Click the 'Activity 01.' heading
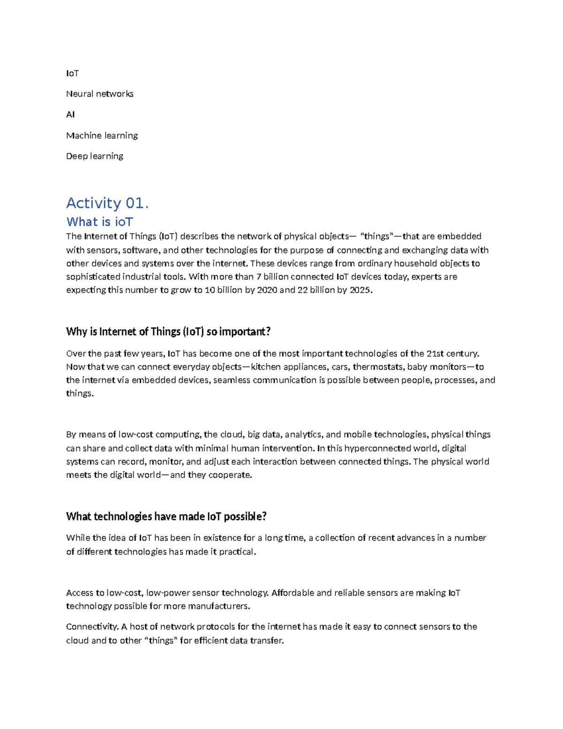coord(107,203)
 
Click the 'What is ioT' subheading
coord(99,222)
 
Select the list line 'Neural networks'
coord(99,94)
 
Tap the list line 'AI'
coord(70,115)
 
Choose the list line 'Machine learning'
coord(102,136)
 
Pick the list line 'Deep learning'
coord(94,156)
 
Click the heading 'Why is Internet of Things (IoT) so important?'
coord(168,332)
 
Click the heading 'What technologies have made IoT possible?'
coord(166,517)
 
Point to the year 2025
coord(360,290)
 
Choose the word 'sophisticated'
coord(93,277)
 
